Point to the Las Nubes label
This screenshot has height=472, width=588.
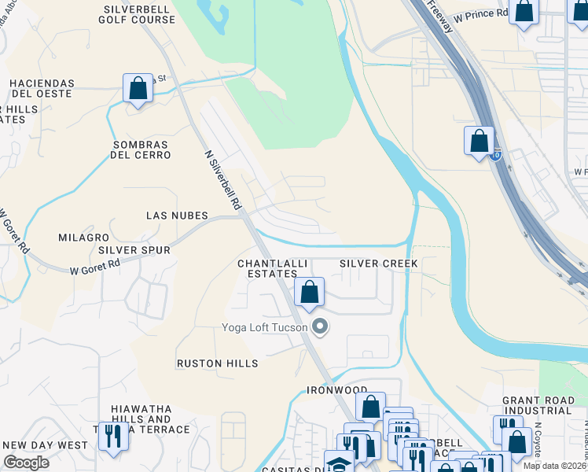[177, 216]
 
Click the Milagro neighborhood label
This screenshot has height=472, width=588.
[83, 238]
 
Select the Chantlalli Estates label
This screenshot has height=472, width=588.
[267, 268]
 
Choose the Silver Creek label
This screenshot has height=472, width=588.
[377, 264]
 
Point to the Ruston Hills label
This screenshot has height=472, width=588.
[217, 363]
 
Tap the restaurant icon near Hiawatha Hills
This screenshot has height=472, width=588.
[113, 435]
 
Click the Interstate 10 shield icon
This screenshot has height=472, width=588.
[495, 155]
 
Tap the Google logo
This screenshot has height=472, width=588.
[26, 463]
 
